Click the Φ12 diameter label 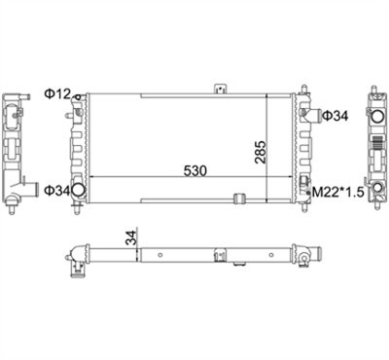[57, 94]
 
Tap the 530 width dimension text [194, 170]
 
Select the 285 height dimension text [260, 152]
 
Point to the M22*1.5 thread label [337, 193]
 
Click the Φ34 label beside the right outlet [336, 116]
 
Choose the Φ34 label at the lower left [57, 191]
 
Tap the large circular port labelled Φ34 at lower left [78, 190]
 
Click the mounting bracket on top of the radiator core [220, 89]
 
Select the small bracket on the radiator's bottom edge [239, 198]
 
